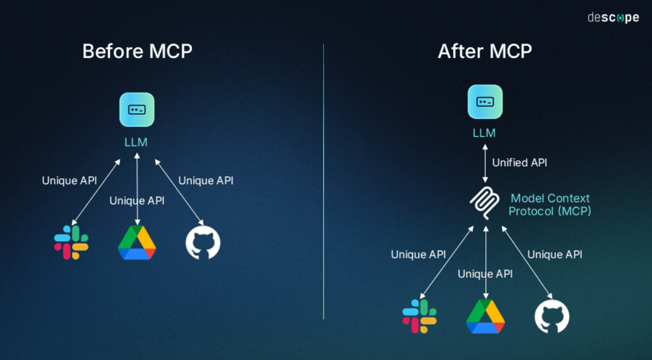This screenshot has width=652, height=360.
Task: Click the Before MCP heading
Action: coord(137,51)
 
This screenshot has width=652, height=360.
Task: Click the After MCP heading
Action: coord(485,51)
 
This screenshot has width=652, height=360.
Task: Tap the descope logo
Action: coord(613,18)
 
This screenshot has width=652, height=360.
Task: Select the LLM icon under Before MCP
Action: coord(137,109)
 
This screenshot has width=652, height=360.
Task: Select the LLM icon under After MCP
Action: coord(485,102)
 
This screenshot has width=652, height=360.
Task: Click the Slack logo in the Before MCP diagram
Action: coord(71,242)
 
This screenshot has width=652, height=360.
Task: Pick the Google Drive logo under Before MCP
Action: coord(137,243)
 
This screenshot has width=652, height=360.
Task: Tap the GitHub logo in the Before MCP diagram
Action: coord(203,243)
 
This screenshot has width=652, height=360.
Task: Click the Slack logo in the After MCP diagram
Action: coord(419,316)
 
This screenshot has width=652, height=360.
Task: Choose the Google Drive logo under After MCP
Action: coord(485,316)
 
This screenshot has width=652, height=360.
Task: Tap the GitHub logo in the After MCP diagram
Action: coord(552,316)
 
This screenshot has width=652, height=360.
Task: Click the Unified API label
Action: coord(519,162)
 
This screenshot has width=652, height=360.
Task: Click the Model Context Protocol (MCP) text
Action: coord(550,204)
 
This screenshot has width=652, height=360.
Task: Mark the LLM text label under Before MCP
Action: coord(136,142)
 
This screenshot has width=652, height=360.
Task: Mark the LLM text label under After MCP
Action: coord(484,133)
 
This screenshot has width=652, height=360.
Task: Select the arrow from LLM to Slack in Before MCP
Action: coord(96,192)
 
